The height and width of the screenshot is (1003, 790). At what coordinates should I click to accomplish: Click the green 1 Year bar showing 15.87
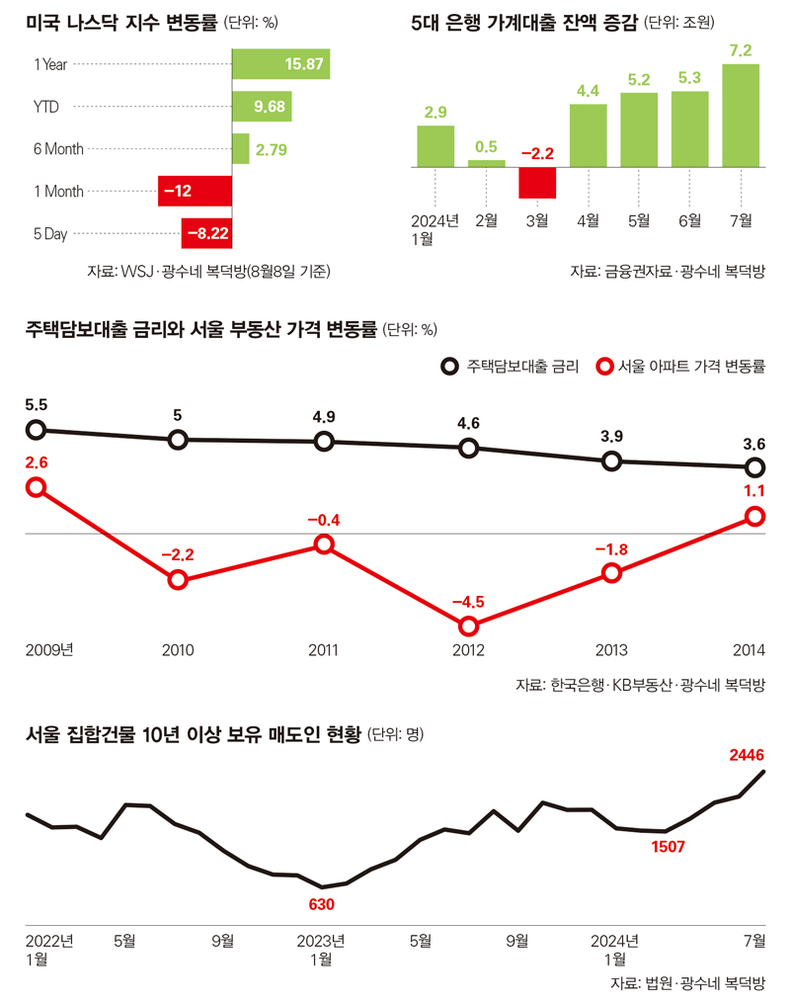(x=280, y=65)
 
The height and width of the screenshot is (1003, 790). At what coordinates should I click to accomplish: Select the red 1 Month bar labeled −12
(x=195, y=192)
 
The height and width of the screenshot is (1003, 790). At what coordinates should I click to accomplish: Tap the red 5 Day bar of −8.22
(x=206, y=234)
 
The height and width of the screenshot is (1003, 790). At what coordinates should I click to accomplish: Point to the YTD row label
(x=45, y=107)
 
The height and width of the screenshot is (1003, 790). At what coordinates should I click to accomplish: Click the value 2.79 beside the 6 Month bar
(x=272, y=150)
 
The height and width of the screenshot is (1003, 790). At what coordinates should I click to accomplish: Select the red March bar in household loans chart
(x=538, y=183)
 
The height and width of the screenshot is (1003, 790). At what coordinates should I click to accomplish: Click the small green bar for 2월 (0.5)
(x=486, y=163)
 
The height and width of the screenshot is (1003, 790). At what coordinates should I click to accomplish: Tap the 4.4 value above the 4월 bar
(x=589, y=92)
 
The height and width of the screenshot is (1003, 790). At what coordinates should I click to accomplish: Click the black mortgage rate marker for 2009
(x=36, y=429)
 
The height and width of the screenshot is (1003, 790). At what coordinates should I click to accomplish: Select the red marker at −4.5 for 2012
(x=468, y=626)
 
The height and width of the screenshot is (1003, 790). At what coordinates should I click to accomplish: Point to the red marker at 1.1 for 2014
(x=754, y=516)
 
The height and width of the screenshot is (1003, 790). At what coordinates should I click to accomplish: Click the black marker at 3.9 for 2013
(x=612, y=460)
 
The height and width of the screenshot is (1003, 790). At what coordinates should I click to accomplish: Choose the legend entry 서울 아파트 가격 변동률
(x=680, y=366)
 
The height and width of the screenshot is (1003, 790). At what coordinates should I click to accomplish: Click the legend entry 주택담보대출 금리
(x=510, y=366)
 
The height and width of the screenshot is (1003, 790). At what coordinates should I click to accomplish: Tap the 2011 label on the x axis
(x=323, y=650)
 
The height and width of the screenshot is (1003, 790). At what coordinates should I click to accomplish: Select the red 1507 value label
(x=668, y=847)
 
